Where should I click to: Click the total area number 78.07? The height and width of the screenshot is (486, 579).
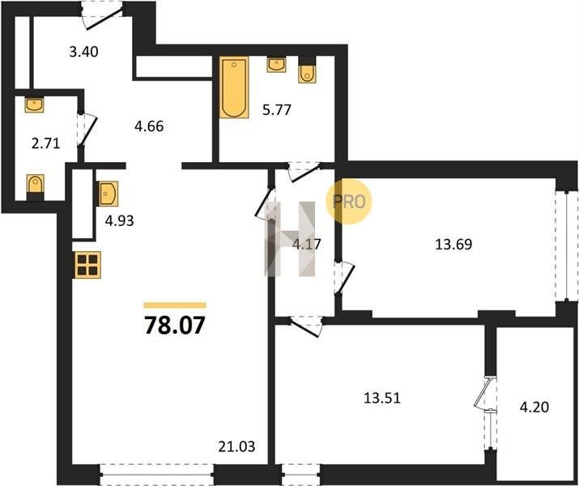[174, 325]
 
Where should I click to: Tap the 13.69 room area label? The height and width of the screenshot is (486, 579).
[453, 245]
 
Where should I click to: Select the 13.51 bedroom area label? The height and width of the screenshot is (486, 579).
[382, 398]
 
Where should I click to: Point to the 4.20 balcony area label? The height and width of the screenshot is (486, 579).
[534, 407]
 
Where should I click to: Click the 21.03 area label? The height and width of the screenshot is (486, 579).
[236, 446]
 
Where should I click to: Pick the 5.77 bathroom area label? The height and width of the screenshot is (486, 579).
[277, 109]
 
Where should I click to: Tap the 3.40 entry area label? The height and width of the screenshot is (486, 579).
[84, 52]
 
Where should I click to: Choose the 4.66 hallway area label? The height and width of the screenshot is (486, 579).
[149, 126]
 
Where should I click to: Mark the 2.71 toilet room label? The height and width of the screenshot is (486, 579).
[46, 143]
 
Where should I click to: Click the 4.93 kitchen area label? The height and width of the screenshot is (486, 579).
[119, 221]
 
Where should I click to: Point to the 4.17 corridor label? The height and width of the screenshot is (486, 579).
[306, 244]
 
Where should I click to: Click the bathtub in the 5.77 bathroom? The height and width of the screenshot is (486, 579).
[234, 87]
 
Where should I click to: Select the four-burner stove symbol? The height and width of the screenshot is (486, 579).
[88, 265]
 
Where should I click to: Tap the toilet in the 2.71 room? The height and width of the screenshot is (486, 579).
[36, 184]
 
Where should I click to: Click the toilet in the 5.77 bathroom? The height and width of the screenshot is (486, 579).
[307, 74]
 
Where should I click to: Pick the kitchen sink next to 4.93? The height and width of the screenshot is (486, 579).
[108, 193]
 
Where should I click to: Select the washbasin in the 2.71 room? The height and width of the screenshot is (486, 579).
[34, 104]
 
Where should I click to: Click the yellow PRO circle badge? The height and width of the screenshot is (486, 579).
[348, 201]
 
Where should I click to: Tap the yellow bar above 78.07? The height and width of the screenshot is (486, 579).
[175, 305]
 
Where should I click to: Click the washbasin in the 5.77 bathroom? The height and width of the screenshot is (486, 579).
[276, 65]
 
